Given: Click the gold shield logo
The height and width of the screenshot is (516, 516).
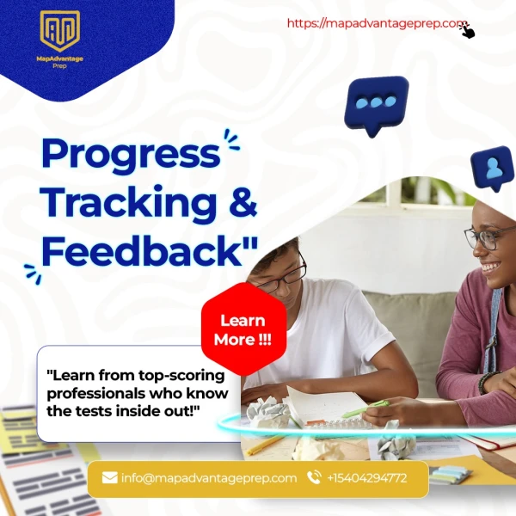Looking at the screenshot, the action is tap(60, 31).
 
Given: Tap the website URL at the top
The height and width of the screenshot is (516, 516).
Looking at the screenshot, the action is tap(376, 23).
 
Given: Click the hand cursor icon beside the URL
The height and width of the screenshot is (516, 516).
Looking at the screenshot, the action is tap(467, 30).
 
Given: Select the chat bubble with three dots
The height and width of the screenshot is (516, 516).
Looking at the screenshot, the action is tap(376, 106).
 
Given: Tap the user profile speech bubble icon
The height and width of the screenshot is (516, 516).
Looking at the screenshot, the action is tap(493, 169).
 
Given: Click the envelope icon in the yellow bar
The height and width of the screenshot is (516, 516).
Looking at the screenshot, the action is tap(109, 477).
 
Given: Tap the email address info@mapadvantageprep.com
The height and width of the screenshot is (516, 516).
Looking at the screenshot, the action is tap(209, 478).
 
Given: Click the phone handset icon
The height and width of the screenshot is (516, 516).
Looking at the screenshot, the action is tap(314, 477).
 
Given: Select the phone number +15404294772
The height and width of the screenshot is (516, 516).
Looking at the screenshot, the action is tap(367, 478).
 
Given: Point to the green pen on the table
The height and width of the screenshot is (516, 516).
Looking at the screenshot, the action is tap(365, 408).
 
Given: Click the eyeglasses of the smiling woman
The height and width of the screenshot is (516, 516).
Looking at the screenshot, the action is tap(488, 237).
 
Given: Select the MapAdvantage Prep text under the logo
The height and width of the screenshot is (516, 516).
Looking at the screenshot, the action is tap(60, 62).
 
